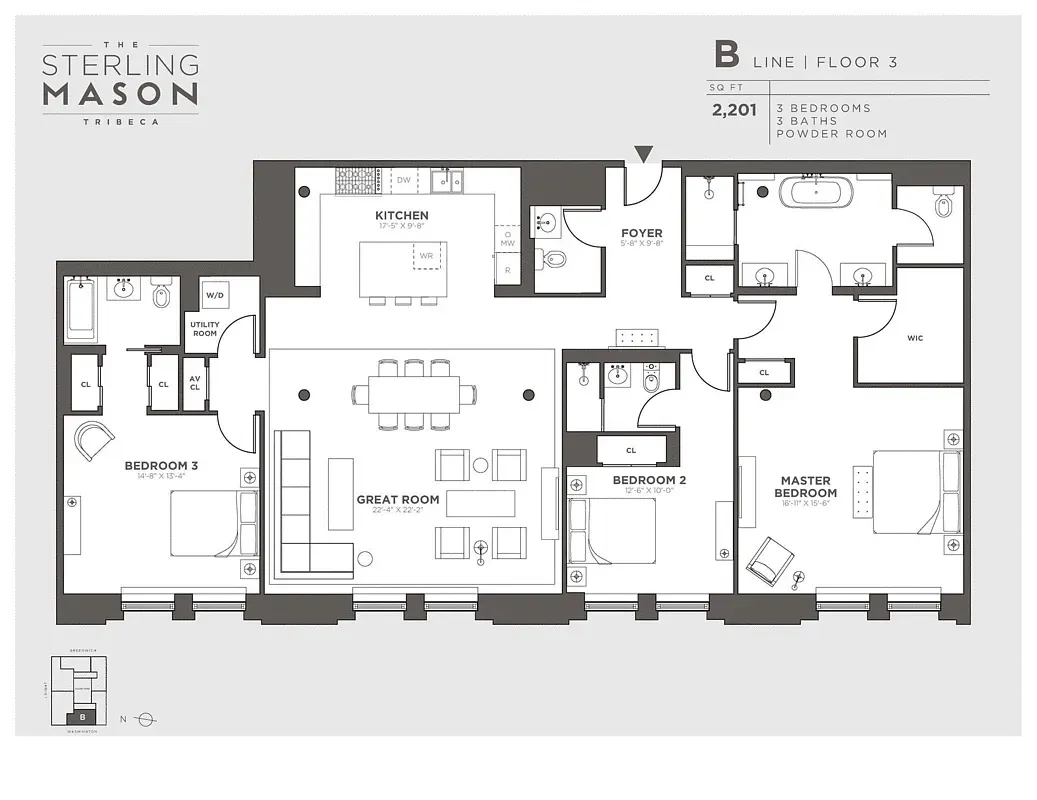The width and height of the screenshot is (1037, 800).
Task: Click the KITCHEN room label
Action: click(401, 215)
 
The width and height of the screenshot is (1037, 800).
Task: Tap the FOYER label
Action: click(641, 233)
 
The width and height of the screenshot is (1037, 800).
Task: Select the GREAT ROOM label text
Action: click(398, 499)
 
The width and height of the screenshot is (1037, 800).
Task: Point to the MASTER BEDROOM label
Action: click(808, 487)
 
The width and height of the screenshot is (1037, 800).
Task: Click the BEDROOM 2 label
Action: click(649, 480)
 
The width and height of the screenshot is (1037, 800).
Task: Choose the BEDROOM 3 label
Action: click(161, 465)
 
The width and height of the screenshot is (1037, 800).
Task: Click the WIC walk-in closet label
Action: click(914, 338)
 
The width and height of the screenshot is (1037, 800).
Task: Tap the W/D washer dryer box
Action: click(214, 296)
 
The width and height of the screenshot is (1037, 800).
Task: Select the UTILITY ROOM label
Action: click(204, 329)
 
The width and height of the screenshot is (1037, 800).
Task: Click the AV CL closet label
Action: click(195, 385)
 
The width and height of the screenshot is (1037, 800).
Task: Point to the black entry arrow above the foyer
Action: click(644, 154)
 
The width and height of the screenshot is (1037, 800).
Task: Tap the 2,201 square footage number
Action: click(734, 110)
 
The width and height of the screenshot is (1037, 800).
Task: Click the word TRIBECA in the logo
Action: click(120, 121)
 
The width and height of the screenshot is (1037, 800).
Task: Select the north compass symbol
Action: click(146, 718)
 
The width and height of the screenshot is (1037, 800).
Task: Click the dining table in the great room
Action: click(414, 393)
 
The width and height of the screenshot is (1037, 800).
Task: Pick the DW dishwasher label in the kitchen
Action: click(404, 180)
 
